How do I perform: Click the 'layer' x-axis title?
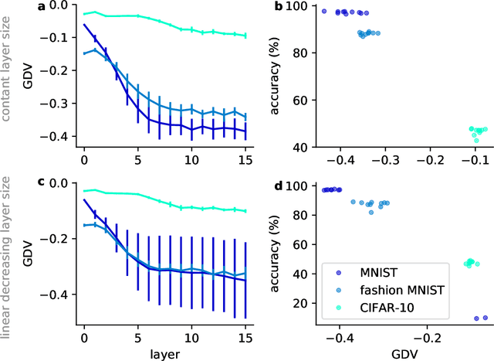click(164, 353)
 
